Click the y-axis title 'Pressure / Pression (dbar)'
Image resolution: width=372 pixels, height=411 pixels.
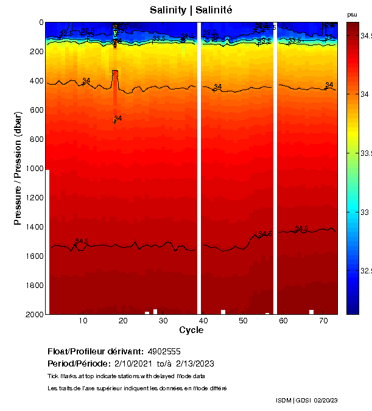[18, 167]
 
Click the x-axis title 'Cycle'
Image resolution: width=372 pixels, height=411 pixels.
[191, 330]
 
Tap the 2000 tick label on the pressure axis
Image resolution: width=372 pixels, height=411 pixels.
[33, 314]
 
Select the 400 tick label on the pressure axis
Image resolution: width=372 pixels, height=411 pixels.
[36, 80]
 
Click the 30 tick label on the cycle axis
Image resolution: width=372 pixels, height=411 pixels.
[163, 320]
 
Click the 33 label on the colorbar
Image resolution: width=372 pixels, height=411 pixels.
[363, 212]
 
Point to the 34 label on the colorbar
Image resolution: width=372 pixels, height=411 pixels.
[363, 94]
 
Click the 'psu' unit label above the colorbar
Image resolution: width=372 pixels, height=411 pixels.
[352, 14]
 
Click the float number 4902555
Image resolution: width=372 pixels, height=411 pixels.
[164, 351]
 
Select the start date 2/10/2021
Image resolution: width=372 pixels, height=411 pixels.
[132, 364]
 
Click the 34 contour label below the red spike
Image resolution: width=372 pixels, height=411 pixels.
[118, 118]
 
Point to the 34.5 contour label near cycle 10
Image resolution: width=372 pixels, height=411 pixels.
[82, 242]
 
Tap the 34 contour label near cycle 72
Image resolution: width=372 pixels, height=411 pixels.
[329, 85]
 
